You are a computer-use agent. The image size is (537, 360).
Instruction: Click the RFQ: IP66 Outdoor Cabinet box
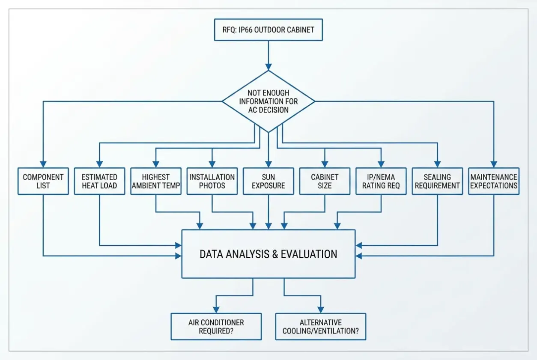point(268,30)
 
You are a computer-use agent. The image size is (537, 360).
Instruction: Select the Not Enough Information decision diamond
point(268,101)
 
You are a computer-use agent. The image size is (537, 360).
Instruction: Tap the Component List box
point(43,181)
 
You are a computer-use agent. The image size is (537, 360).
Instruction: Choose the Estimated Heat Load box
point(99,181)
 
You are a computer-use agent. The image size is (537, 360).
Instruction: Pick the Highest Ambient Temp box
point(156,181)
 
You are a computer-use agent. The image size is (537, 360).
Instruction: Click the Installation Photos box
point(212,181)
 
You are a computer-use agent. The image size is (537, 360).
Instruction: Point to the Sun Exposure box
point(268,181)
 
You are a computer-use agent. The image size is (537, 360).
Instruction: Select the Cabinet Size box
point(325,181)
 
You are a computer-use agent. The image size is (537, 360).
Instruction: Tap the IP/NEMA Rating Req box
point(381,181)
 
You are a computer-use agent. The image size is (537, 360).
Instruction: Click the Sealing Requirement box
point(437,181)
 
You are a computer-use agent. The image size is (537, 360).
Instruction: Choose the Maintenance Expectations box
point(494,181)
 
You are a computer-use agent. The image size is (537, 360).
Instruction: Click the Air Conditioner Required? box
point(216,327)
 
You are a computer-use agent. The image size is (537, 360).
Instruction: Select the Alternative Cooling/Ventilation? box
point(321,327)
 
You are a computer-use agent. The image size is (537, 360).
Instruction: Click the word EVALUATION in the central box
point(309,254)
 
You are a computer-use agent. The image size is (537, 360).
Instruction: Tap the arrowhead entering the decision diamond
point(268,67)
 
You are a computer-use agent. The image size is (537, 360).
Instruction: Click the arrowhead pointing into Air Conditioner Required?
point(216,309)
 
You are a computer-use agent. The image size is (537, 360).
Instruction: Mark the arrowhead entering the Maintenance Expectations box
point(494,164)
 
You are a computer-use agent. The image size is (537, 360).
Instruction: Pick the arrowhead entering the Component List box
point(43,164)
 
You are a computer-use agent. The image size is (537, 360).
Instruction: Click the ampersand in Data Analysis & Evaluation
point(275,254)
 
